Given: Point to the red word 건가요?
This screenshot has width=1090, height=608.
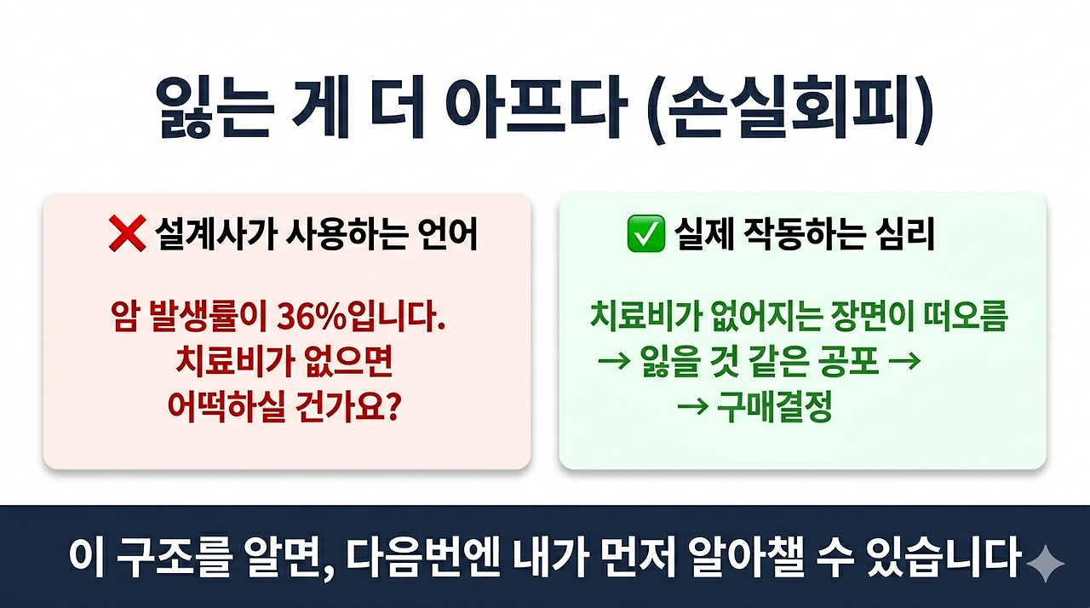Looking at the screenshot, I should (353, 408).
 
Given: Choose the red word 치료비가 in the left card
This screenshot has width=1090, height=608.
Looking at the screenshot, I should (215, 364).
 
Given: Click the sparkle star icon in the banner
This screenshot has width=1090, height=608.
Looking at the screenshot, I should (1045, 564).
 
